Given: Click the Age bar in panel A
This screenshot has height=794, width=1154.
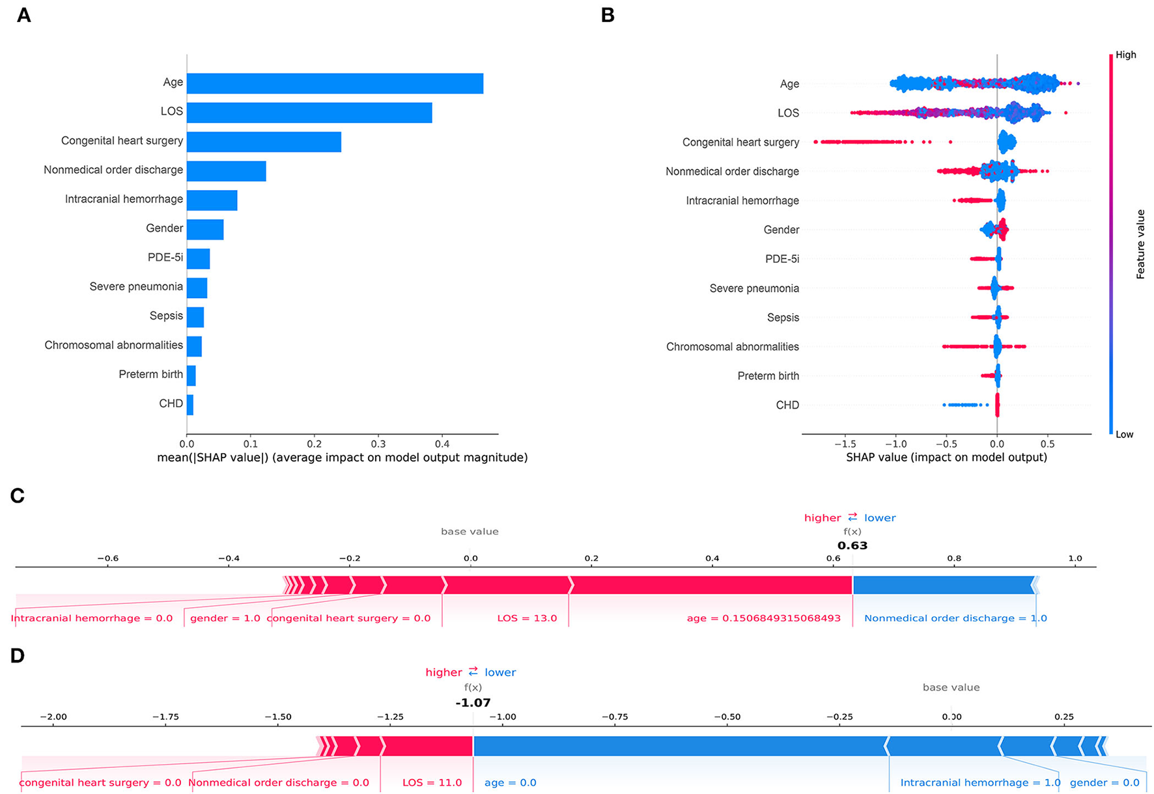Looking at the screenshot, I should click(335, 83).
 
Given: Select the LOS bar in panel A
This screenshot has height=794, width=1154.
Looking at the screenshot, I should click(309, 113).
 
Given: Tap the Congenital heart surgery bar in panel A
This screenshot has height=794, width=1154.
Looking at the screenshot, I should click(264, 142).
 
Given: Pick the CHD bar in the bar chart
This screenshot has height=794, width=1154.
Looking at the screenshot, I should click(190, 405).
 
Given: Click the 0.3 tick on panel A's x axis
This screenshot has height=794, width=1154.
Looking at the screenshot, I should click(378, 444).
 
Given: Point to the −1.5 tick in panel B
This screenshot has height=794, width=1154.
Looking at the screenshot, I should click(845, 444).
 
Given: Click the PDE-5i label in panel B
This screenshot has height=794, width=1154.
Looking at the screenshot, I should click(781, 259).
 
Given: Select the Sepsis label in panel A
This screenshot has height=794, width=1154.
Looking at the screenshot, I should click(166, 316).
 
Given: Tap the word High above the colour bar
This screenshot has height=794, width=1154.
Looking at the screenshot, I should click(1125, 55).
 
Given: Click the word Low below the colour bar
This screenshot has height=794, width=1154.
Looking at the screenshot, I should click(1124, 435).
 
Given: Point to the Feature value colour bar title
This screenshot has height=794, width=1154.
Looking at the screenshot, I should click(1140, 244).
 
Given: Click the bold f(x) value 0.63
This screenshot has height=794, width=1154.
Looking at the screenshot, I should click(852, 545).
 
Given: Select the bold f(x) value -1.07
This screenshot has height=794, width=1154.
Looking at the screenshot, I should click(473, 703).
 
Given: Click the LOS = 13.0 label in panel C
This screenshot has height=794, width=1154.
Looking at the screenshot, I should click(527, 618).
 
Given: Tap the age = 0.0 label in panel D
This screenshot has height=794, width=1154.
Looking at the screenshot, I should click(510, 782).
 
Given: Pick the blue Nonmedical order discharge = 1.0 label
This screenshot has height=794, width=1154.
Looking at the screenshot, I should click(955, 618).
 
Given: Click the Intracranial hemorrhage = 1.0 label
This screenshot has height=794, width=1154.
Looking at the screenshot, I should click(979, 782).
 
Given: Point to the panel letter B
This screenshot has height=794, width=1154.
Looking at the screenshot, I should click(608, 16).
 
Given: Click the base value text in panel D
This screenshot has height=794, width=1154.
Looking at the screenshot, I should click(951, 687).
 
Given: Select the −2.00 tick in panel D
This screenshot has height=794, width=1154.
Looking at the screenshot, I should click(53, 717).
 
